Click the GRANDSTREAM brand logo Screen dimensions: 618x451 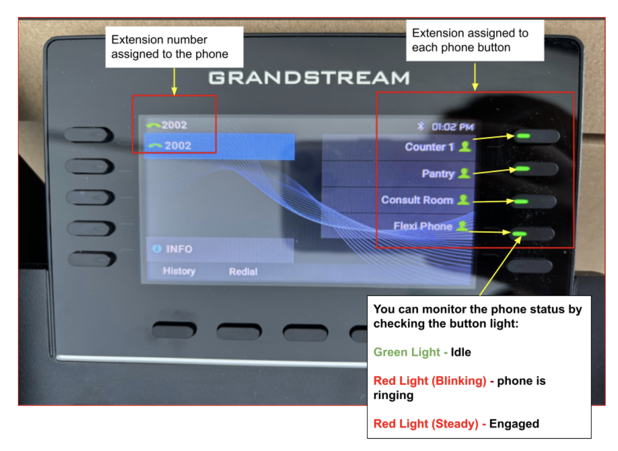click(309, 78)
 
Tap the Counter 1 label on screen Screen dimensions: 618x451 click(429, 147)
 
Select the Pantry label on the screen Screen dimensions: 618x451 click(438, 174)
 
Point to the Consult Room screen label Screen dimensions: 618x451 click(417, 200)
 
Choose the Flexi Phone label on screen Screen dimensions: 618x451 click(423, 226)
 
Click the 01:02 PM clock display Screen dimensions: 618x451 click(453, 127)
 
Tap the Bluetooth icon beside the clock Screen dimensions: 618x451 click(421, 126)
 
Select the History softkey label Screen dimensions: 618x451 click(179, 271)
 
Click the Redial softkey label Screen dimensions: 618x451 click(243, 272)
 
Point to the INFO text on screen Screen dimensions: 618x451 click(179, 249)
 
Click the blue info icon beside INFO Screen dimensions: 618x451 click(157, 249)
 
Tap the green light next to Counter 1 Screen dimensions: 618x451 click(523, 136)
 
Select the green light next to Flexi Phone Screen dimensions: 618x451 click(520, 234)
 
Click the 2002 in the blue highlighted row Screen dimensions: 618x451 click(178, 146)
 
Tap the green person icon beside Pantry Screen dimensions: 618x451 click(464, 173)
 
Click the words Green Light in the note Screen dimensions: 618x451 click(407, 352)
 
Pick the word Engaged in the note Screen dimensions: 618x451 click(514, 424)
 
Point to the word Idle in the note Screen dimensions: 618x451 click(461, 352)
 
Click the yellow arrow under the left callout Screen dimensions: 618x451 click(174, 82)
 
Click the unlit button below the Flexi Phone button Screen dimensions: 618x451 click(530, 266)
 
